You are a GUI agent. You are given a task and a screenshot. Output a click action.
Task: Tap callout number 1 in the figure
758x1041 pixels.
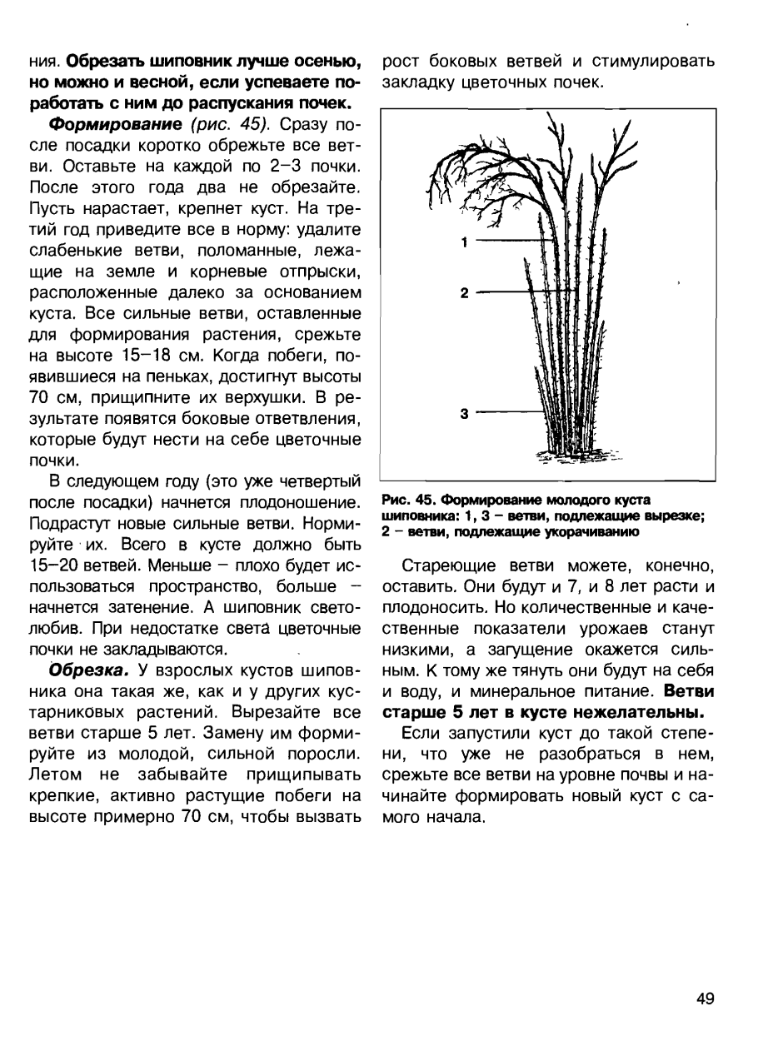click(x=464, y=242)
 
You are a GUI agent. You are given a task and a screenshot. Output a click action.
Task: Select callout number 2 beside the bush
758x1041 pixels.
click(x=464, y=292)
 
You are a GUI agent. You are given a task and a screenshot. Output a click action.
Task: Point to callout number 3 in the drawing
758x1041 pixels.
click(x=464, y=412)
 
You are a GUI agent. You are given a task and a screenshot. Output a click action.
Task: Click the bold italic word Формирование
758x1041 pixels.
click(x=112, y=124)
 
